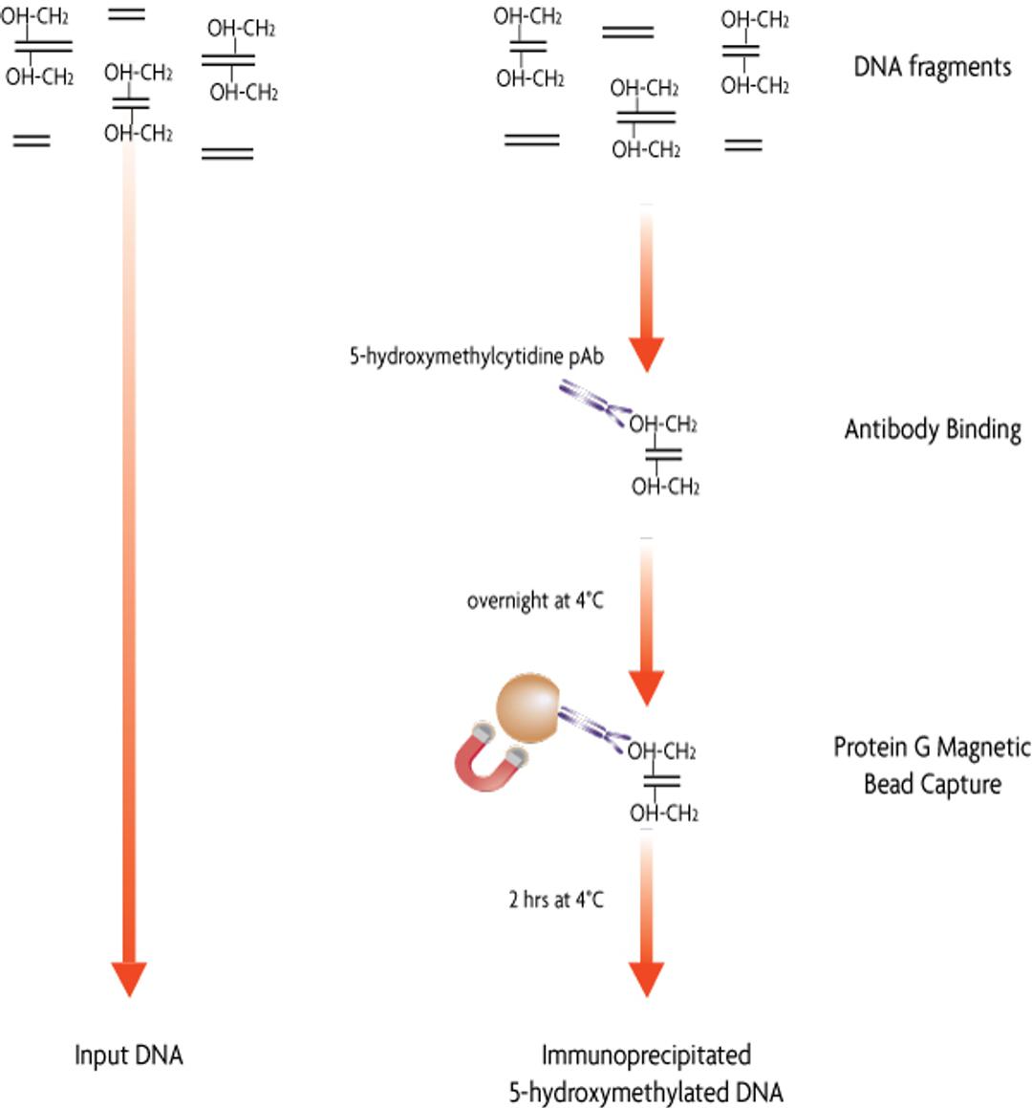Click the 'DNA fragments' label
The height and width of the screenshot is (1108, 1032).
[932, 67]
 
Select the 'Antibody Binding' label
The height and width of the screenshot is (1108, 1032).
[933, 429]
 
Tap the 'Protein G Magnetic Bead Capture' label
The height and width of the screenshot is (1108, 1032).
[932, 765]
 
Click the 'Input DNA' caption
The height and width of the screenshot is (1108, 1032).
[128, 1055]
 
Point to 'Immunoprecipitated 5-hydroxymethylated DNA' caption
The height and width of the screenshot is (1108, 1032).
[646, 1074]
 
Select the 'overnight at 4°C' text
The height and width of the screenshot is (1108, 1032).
[535, 601]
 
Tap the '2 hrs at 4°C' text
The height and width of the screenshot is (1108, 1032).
[556, 900]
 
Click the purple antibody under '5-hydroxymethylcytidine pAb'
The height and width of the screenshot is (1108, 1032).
[593, 402]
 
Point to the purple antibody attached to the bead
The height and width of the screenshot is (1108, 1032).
[592, 726]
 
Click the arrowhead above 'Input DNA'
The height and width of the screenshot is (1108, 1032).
[129, 977]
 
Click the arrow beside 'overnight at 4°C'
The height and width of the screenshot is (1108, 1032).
[646, 621]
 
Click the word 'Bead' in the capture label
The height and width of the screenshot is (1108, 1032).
[888, 785]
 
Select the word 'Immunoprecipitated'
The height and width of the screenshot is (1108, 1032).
[646, 1055]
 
